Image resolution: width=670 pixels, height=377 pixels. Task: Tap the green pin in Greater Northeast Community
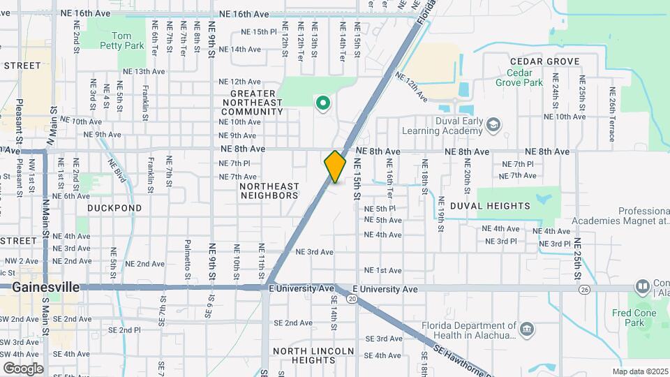click(x=322, y=105)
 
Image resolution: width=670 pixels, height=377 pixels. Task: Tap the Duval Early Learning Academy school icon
click(x=493, y=124)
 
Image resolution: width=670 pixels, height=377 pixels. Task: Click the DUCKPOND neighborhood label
click(x=114, y=208)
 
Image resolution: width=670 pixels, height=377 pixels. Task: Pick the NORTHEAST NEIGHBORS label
click(x=269, y=191)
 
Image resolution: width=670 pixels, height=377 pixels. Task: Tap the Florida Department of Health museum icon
click(x=527, y=329)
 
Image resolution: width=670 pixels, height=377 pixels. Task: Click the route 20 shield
click(x=352, y=299)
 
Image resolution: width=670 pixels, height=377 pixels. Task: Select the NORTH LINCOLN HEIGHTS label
click(x=313, y=355)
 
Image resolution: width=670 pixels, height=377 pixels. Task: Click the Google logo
click(x=23, y=368)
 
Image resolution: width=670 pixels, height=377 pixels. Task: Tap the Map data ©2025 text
click(x=639, y=371)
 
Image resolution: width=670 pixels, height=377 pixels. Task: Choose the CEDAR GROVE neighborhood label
click(x=545, y=61)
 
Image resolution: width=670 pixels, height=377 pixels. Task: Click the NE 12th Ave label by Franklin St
click(x=241, y=82)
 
